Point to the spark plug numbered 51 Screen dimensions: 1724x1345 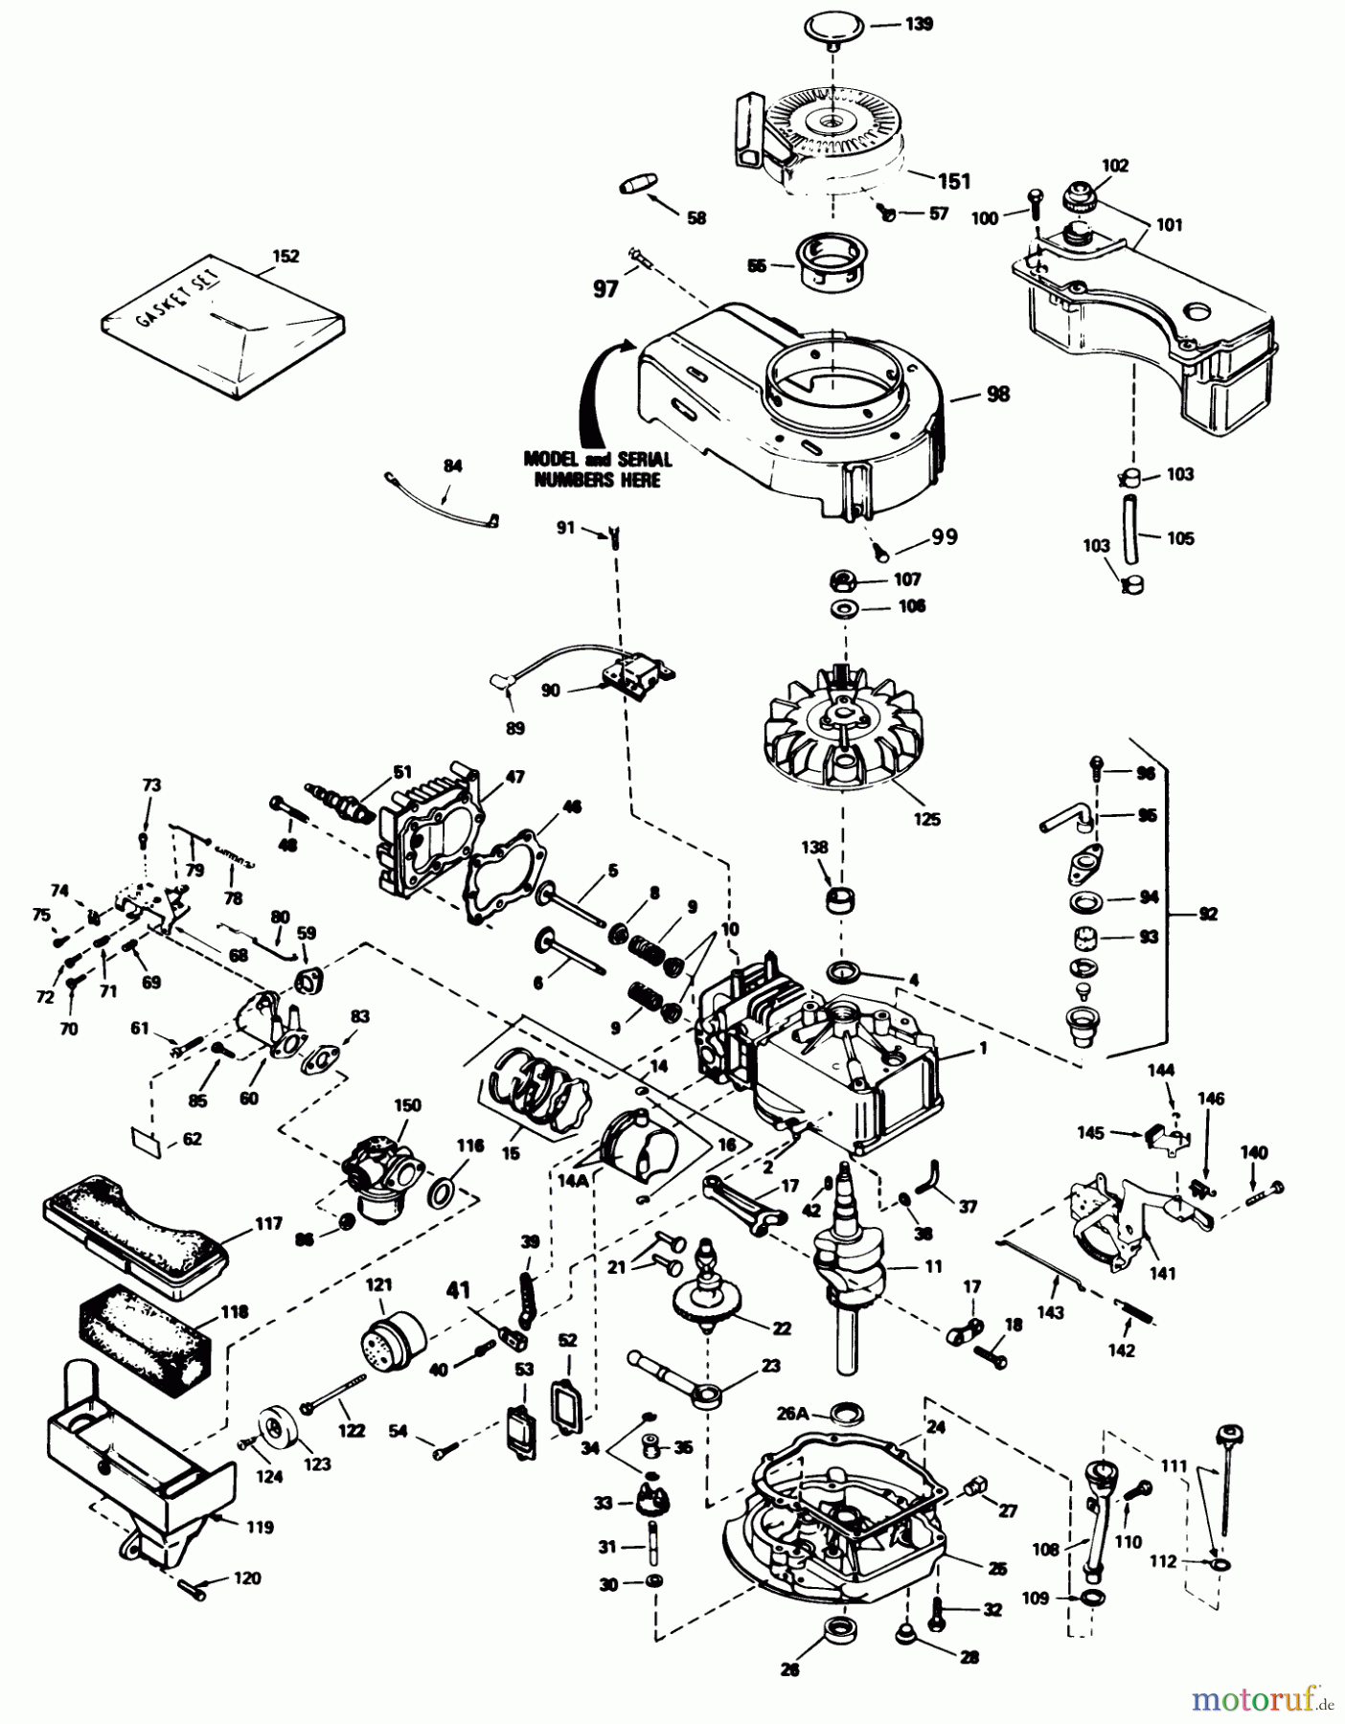tap(340, 800)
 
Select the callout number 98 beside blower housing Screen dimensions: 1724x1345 tap(997, 394)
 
